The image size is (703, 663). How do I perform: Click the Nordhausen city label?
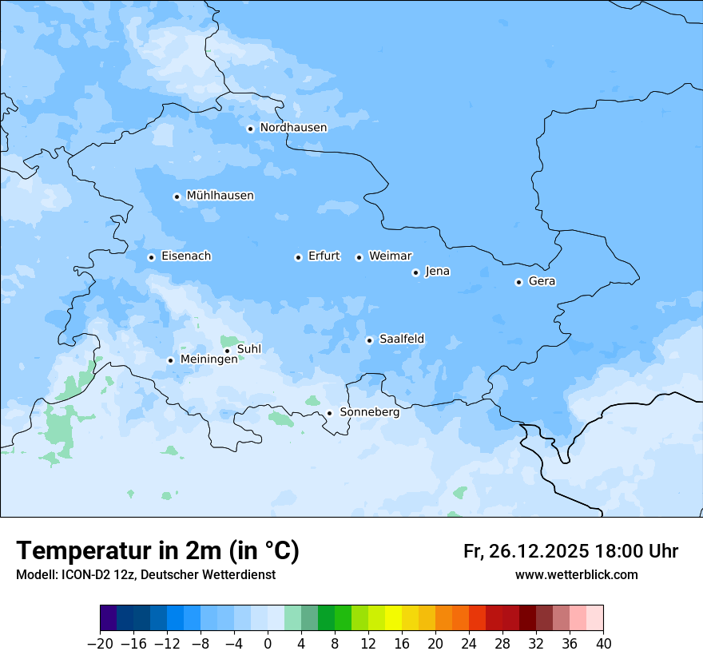click(293, 128)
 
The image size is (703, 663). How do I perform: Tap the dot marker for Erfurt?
click(298, 257)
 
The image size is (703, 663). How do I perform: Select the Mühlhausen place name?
click(220, 196)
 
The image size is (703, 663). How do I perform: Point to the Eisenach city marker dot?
click(151, 257)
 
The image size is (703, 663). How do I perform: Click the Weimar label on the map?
click(390, 256)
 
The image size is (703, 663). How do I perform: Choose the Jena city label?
click(437, 272)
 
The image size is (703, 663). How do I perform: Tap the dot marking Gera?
click(518, 282)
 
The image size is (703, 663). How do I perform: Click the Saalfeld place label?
click(401, 339)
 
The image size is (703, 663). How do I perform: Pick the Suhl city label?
click(248, 349)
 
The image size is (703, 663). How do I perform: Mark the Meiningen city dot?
click(170, 360)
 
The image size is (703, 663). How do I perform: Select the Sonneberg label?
click(369, 412)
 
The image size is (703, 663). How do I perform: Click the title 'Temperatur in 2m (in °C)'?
click(157, 550)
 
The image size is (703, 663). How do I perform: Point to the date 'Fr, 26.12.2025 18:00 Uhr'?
click(570, 551)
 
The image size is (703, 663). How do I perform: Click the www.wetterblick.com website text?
click(576, 574)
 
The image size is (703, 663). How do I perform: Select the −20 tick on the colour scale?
click(100, 644)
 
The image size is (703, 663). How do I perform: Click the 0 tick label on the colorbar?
click(268, 644)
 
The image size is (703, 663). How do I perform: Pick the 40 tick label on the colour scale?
click(603, 644)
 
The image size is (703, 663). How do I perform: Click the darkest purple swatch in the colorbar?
click(108, 618)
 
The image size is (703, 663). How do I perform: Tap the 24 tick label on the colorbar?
click(469, 644)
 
